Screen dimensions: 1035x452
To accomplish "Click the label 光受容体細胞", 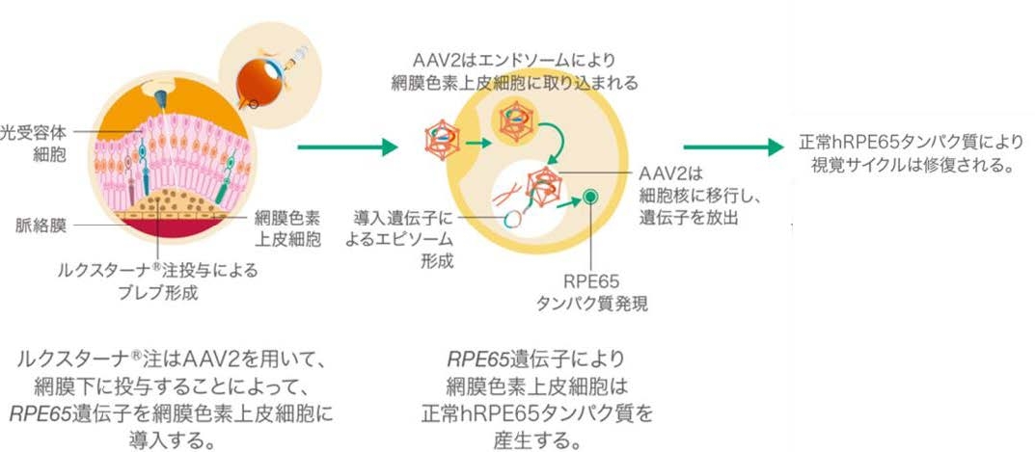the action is pyautogui.click(x=34, y=145).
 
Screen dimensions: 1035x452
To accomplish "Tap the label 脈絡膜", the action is pyautogui.click(x=41, y=226).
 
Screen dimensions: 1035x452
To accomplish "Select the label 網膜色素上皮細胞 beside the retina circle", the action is pyautogui.click(x=287, y=227).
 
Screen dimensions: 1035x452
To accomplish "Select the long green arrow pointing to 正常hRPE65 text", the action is pyautogui.click(x=733, y=147).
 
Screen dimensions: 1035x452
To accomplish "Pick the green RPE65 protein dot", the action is pyautogui.click(x=591, y=197).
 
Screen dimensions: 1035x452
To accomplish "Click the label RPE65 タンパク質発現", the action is pyautogui.click(x=591, y=292).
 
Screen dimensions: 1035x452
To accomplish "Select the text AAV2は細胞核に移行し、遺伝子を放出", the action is pyautogui.click(x=685, y=196).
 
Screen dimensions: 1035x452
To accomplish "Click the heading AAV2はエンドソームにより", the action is pyautogui.click(x=514, y=61).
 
